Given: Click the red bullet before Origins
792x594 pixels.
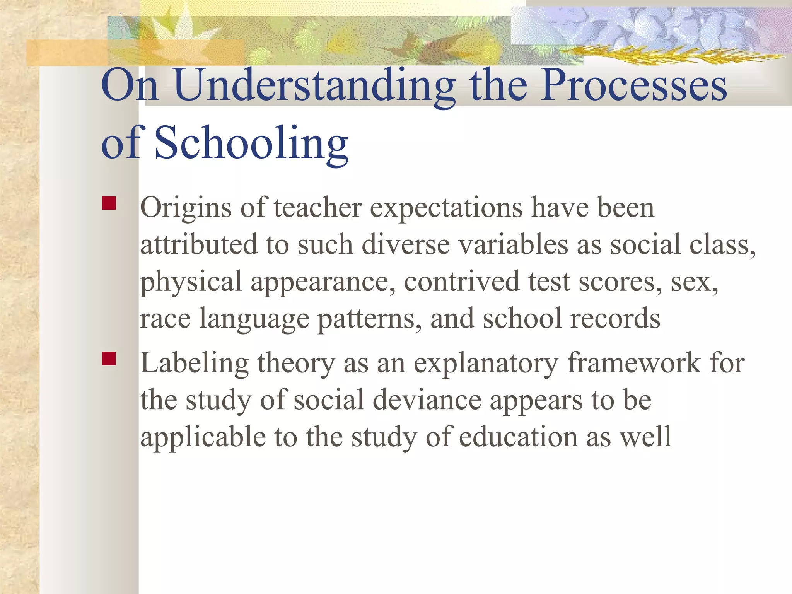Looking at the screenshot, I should (x=109, y=203).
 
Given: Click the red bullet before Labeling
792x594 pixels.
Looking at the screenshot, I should (x=109, y=358).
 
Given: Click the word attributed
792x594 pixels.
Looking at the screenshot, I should (x=198, y=245).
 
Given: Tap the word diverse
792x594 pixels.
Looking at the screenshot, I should (x=406, y=245).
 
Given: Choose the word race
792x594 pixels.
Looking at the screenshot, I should (x=165, y=319).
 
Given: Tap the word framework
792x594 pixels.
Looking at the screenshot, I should (x=634, y=364).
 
